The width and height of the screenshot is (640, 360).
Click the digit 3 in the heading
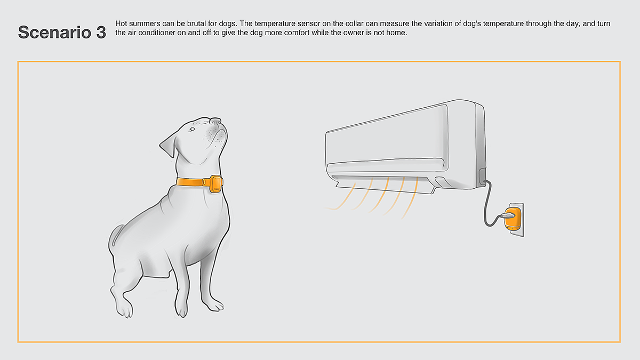click(x=101, y=33)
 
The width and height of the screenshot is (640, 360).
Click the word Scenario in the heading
click(x=54, y=33)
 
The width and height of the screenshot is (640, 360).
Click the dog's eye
click(x=192, y=130)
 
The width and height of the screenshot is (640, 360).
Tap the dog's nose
click(x=215, y=121)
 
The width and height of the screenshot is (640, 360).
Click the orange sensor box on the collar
click(x=216, y=183)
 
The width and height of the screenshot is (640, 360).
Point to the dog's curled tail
click(x=116, y=235)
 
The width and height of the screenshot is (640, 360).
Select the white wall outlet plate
click(x=517, y=219)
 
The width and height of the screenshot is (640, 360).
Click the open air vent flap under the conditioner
click(x=386, y=185)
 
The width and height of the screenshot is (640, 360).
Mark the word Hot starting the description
click(x=121, y=23)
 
